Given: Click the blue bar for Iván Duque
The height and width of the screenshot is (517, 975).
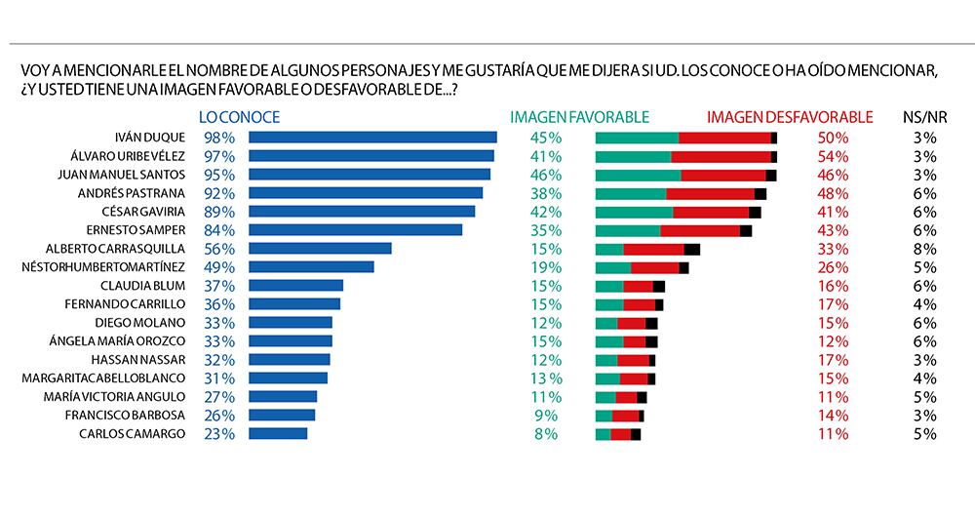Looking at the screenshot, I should [373, 138].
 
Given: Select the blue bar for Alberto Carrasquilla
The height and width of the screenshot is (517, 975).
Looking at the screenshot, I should [321, 249].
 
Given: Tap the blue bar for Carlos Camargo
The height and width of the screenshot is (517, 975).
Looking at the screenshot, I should [279, 433].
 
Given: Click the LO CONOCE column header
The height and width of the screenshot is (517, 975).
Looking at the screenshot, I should [239, 117].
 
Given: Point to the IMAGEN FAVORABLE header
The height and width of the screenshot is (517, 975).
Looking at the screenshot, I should [579, 117].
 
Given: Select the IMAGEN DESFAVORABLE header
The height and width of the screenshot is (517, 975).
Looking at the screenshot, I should [790, 117].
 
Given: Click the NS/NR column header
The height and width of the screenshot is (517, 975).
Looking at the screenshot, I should [919, 117].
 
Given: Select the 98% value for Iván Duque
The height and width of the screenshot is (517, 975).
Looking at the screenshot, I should [219, 138].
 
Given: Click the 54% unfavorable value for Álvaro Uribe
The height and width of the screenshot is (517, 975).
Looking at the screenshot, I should [833, 156].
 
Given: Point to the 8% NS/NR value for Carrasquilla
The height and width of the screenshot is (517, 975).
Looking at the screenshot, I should [925, 249].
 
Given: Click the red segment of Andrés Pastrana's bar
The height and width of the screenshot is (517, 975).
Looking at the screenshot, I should [710, 193].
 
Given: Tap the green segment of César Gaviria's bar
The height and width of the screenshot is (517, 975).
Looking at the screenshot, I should [634, 212].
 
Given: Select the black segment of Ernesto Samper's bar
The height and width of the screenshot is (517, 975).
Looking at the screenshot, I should [746, 230].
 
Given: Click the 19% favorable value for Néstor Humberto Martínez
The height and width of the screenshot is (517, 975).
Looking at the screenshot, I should [545, 267].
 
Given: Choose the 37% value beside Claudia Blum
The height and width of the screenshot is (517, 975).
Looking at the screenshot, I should [219, 286].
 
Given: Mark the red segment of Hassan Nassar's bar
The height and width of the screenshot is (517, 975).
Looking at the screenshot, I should [633, 360].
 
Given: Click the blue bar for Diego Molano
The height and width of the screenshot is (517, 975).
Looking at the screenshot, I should [291, 323].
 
